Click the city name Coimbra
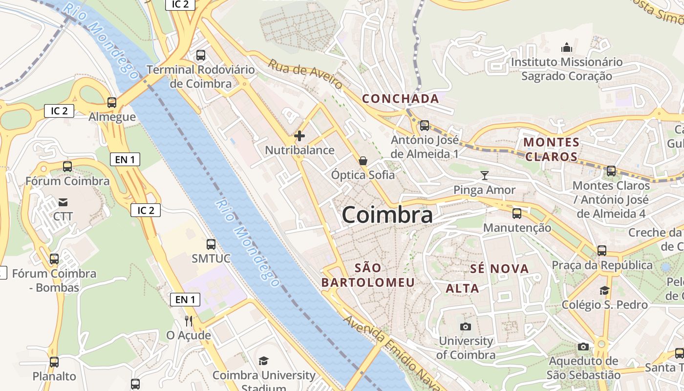coord(387,215)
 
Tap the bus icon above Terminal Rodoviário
coord(201,55)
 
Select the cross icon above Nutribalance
coord(299,136)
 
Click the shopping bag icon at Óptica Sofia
coord(363,160)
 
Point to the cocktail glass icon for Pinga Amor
coord(484,175)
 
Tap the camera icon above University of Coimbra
coord(466,326)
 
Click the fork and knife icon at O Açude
coord(189,321)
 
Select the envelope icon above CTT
coord(63,202)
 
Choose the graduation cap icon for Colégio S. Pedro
coord(604,290)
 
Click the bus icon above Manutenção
coord(517,214)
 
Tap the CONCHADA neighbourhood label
coord(400,99)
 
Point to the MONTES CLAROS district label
coord(551,150)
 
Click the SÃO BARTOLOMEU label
coord(368,275)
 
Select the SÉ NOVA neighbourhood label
coord(499,268)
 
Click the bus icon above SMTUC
coord(211,244)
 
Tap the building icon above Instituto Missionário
coord(567,47)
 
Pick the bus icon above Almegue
coord(112,103)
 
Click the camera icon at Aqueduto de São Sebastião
coord(583,347)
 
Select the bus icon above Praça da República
coord(602,251)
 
